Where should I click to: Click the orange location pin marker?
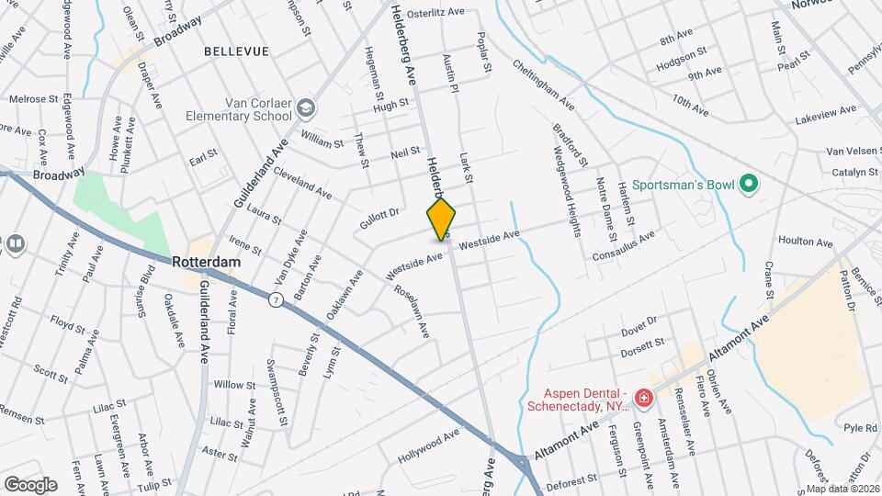pos(441,219)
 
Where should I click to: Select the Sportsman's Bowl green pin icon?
pos(748,185)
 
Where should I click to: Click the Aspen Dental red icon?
pos(643,399)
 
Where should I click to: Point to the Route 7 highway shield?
pos(275,299)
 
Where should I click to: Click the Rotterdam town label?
pos(207,262)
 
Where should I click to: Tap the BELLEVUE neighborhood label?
pos(237,51)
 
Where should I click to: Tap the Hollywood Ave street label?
pos(428,445)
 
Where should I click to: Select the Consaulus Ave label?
pos(624,244)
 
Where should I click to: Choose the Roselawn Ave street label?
pos(411,311)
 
